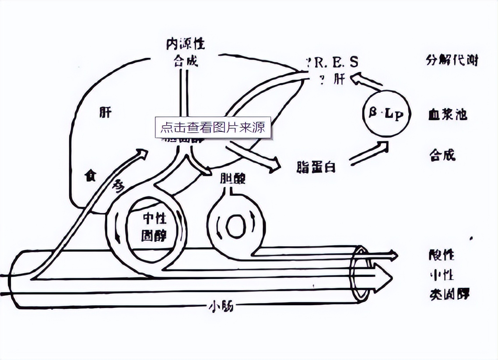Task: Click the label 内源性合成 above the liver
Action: point(186,52)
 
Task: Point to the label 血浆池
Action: point(448,115)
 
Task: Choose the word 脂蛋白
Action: point(316,166)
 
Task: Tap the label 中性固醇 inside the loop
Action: point(154,227)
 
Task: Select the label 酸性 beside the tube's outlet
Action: point(442,255)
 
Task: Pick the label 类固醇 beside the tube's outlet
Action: point(448,294)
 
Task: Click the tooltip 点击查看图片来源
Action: point(213,127)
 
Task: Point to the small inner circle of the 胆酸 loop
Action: point(236,225)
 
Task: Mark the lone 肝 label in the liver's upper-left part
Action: point(105,112)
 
